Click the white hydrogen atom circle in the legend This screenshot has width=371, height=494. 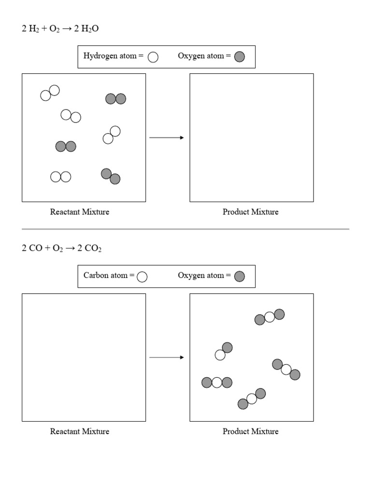point(153,57)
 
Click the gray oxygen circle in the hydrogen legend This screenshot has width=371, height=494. point(239,57)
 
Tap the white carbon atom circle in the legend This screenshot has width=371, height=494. point(142,276)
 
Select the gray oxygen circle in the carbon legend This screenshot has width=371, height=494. point(239,276)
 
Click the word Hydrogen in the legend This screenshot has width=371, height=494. point(100,56)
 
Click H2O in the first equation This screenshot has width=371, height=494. point(90,29)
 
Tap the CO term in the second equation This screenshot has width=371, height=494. point(36,249)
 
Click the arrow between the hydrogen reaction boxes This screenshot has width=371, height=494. point(167,138)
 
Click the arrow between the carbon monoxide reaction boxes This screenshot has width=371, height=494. point(167,357)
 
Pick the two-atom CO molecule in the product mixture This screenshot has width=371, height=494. point(224,351)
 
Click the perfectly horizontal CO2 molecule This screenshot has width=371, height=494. point(217,383)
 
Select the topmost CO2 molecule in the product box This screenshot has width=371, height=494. point(270,317)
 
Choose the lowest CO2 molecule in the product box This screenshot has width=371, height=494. point(252,399)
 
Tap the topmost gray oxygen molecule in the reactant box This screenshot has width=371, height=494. point(116,99)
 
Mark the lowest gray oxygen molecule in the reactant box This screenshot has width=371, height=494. point(111,176)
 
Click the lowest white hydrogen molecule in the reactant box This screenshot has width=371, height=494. point(61,177)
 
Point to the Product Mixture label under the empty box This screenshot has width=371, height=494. point(250,212)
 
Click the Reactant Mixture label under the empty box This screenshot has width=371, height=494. point(80,431)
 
